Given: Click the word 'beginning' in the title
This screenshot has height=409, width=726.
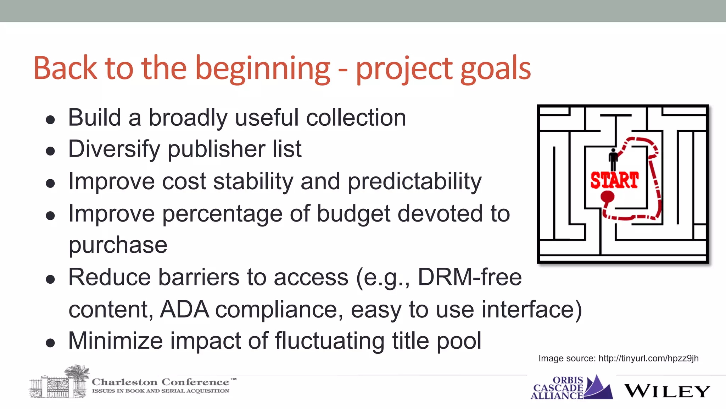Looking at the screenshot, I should pos(263,69).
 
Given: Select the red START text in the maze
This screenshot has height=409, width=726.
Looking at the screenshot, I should pos(614,180).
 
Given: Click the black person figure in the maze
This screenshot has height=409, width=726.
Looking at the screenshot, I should pos(613,159).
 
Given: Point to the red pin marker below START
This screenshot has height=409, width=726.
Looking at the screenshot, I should pos(607,197).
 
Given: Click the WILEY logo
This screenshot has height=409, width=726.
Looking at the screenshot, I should pos(666,391).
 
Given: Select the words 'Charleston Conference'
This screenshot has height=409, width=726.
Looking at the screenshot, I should pos(161,382).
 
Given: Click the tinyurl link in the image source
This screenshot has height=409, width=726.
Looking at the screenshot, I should pos(648,358).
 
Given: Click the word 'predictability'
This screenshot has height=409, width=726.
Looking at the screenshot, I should pos(415,181).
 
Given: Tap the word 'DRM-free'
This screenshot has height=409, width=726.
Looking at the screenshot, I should pos(470,277).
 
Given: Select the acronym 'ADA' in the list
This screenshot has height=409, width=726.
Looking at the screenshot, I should pos(184,309).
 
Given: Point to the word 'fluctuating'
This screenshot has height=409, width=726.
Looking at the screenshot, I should pos(330,340).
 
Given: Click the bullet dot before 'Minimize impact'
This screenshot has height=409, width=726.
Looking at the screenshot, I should pos(50,343).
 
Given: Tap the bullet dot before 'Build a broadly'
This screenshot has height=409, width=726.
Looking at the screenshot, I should pos(50,120).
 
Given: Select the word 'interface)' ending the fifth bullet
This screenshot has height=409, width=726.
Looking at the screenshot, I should pos(531,309).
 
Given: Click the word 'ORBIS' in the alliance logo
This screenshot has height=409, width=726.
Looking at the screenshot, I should pos(568,380).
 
